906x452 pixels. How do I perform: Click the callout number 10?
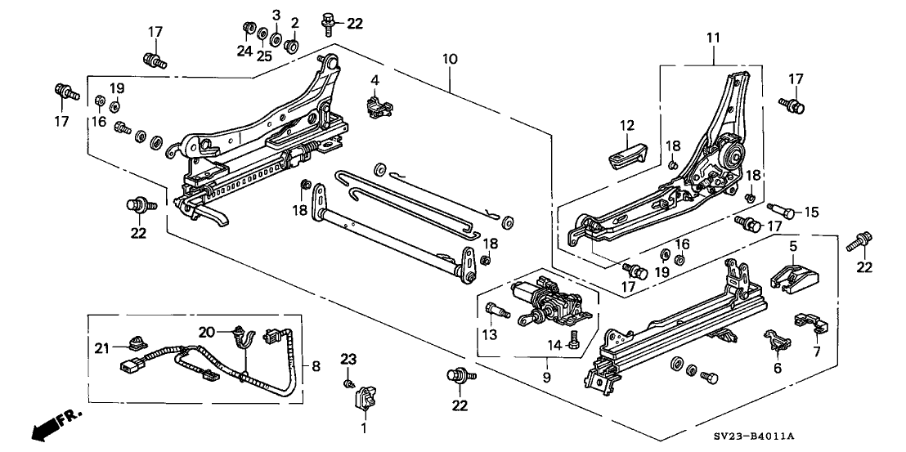[x=450, y=60]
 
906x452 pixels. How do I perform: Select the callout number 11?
[x=712, y=38]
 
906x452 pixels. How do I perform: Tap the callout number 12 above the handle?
[x=626, y=125]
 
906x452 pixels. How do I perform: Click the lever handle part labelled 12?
[x=626, y=152]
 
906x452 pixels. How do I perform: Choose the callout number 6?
[x=777, y=369]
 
